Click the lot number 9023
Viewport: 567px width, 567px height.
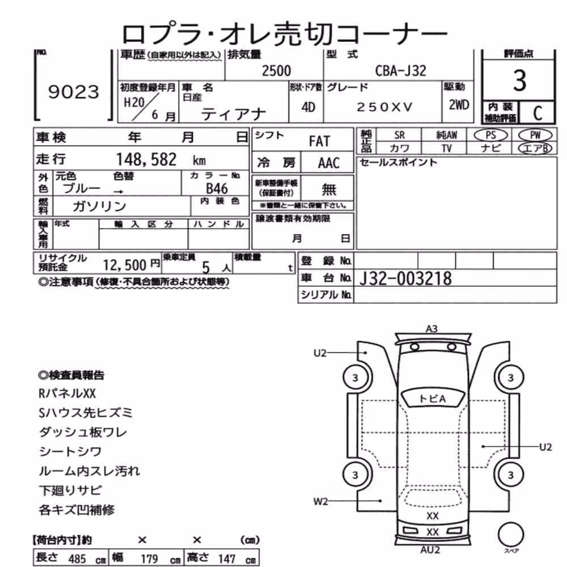tap(73, 92)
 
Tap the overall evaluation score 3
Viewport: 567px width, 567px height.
tap(519, 81)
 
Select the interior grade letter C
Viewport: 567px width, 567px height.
tap(538, 113)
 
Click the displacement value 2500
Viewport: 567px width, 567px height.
tap(276, 70)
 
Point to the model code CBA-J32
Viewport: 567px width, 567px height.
tap(401, 70)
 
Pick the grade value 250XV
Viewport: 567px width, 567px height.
tap(384, 107)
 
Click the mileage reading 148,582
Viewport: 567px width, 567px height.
tap(146, 159)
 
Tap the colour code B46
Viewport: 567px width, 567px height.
tap(217, 189)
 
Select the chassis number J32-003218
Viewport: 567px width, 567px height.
tap(405, 278)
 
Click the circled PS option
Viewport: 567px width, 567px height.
tap(490, 136)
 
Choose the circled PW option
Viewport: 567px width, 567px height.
tap(535, 136)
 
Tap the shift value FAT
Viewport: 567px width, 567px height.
tap(319, 141)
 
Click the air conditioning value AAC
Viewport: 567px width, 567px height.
tap(329, 163)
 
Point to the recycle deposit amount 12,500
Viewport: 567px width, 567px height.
tap(124, 265)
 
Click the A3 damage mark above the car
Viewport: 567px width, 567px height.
tap(431, 329)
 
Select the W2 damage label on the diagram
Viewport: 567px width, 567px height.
tap(320, 502)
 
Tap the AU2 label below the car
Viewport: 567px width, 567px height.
tap(430, 550)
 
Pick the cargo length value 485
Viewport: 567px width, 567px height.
tap(77, 558)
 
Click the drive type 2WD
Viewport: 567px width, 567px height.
tap(459, 105)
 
